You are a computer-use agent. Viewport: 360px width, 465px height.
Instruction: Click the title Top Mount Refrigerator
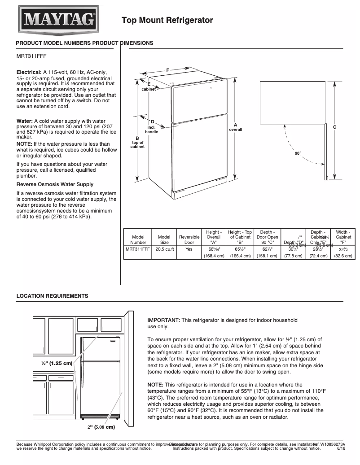pyautogui.click(x=167, y=20)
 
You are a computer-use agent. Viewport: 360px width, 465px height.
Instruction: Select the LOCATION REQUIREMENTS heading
pyautogui.click(x=52, y=296)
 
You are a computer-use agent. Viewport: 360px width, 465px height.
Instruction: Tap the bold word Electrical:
pyautogui.click(x=29, y=72)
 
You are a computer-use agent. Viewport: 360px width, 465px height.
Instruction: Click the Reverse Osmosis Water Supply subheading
pyautogui.click(x=55, y=184)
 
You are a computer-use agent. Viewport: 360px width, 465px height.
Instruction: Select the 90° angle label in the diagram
pyautogui.click(x=297, y=153)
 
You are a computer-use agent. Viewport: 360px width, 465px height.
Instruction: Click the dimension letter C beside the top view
pyautogui.click(x=334, y=127)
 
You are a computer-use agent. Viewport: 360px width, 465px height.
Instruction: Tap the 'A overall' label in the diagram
pyautogui.click(x=236, y=127)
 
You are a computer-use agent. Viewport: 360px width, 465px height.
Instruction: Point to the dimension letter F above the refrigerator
pyautogui.click(x=167, y=70)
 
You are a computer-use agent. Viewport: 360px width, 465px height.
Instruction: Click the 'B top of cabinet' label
pyautogui.click(x=137, y=142)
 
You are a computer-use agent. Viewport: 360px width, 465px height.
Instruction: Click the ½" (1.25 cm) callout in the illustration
pyautogui.click(x=54, y=363)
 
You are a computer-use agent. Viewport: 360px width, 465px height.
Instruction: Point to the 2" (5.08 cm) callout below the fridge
pyautogui.click(x=101, y=426)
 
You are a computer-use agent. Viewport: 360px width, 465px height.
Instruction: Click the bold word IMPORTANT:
pyautogui.click(x=164, y=320)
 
